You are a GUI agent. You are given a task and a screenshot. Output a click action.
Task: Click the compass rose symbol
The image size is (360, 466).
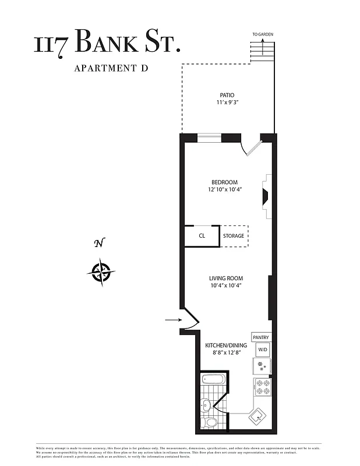(101, 271)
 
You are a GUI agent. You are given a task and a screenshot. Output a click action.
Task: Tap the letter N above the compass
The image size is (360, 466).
(99, 243)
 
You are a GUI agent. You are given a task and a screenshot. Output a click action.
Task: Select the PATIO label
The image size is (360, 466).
(227, 95)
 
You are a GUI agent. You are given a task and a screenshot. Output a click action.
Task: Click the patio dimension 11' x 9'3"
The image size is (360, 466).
(227, 103)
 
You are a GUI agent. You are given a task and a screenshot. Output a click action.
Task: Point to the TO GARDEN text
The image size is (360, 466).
(263, 34)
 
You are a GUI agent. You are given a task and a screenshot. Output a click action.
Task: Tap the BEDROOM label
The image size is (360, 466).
(224, 182)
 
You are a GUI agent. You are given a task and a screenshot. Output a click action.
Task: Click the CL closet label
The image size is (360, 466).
(202, 236)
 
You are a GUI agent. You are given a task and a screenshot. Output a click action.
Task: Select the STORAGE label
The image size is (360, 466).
(234, 236)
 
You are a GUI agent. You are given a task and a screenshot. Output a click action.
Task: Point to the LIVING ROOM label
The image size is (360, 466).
(226, 278)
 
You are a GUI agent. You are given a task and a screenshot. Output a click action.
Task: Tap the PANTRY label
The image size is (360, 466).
(261, 337)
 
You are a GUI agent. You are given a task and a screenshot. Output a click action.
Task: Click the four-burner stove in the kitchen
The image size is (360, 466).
(262, 387)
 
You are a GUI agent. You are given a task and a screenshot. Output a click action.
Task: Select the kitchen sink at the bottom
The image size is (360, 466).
(257, 416)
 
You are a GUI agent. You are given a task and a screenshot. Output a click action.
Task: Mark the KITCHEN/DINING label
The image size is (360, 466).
(226, 345)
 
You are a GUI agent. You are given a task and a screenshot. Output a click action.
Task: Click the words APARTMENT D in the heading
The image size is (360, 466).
(111, 68)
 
